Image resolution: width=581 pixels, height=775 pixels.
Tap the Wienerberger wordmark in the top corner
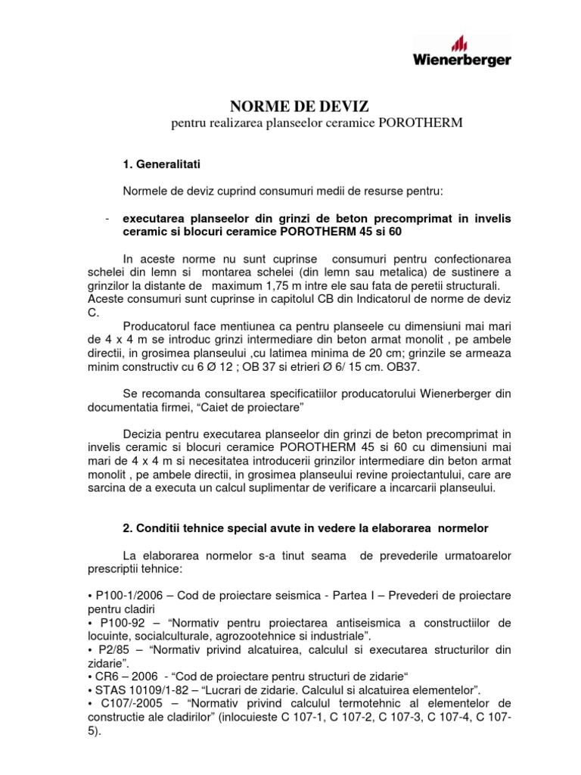(461, 61)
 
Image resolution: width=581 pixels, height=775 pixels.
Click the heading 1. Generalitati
(161, 163)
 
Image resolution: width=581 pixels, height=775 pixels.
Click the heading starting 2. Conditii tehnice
(305, 527)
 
